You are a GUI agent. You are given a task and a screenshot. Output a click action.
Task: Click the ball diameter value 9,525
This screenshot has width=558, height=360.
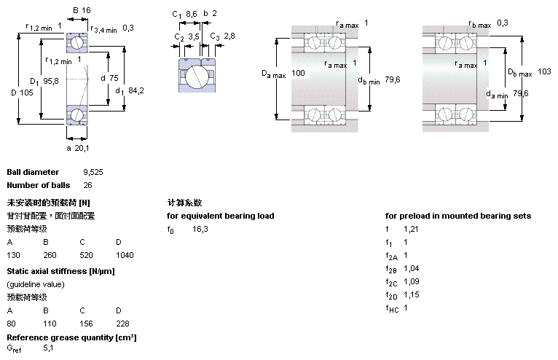pyautogui.click(x=93, y=173)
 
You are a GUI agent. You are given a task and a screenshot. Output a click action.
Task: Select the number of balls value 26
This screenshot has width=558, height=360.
pyautogui.click(x=87, y=185)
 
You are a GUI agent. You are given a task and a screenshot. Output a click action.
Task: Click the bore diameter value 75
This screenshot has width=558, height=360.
pyautogui.click(x=115, y=78)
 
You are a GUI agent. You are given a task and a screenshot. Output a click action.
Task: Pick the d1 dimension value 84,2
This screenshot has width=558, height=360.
pyautogui.click(x=135, y=90)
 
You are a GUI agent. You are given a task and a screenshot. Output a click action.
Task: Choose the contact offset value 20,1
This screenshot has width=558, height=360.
pyautogui.click(x=82, y=148)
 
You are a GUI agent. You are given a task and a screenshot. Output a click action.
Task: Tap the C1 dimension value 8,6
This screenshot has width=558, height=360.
pyautogui.click(x=192, y=14)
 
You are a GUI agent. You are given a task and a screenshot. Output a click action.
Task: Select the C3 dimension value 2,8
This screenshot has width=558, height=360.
pyautogui.click(x=229, y=36)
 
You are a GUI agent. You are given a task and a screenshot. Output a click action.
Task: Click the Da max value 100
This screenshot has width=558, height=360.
pyautogui.click(x=298, y=73)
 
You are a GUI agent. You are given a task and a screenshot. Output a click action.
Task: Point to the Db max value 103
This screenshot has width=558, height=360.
pyautogui.click(x=544, y=71)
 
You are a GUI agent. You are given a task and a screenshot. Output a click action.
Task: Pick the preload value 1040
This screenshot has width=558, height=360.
pyautogui.click(x=125, y=256)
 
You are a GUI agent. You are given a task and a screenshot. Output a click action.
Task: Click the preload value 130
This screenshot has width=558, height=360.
pyautogui.click(x=13, y=256)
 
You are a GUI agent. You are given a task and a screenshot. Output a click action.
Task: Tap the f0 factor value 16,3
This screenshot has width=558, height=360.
pyautogui.click(x=200, y=229)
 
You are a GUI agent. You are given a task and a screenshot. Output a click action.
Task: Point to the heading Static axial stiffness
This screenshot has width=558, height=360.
pyautogui.click(x=61, y=271)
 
